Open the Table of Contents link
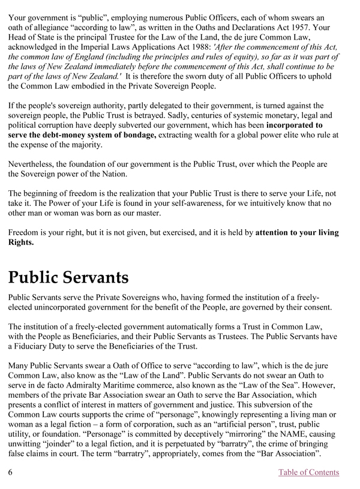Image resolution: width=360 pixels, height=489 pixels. coord(308,472)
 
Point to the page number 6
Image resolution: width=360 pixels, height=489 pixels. coord(11,472)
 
